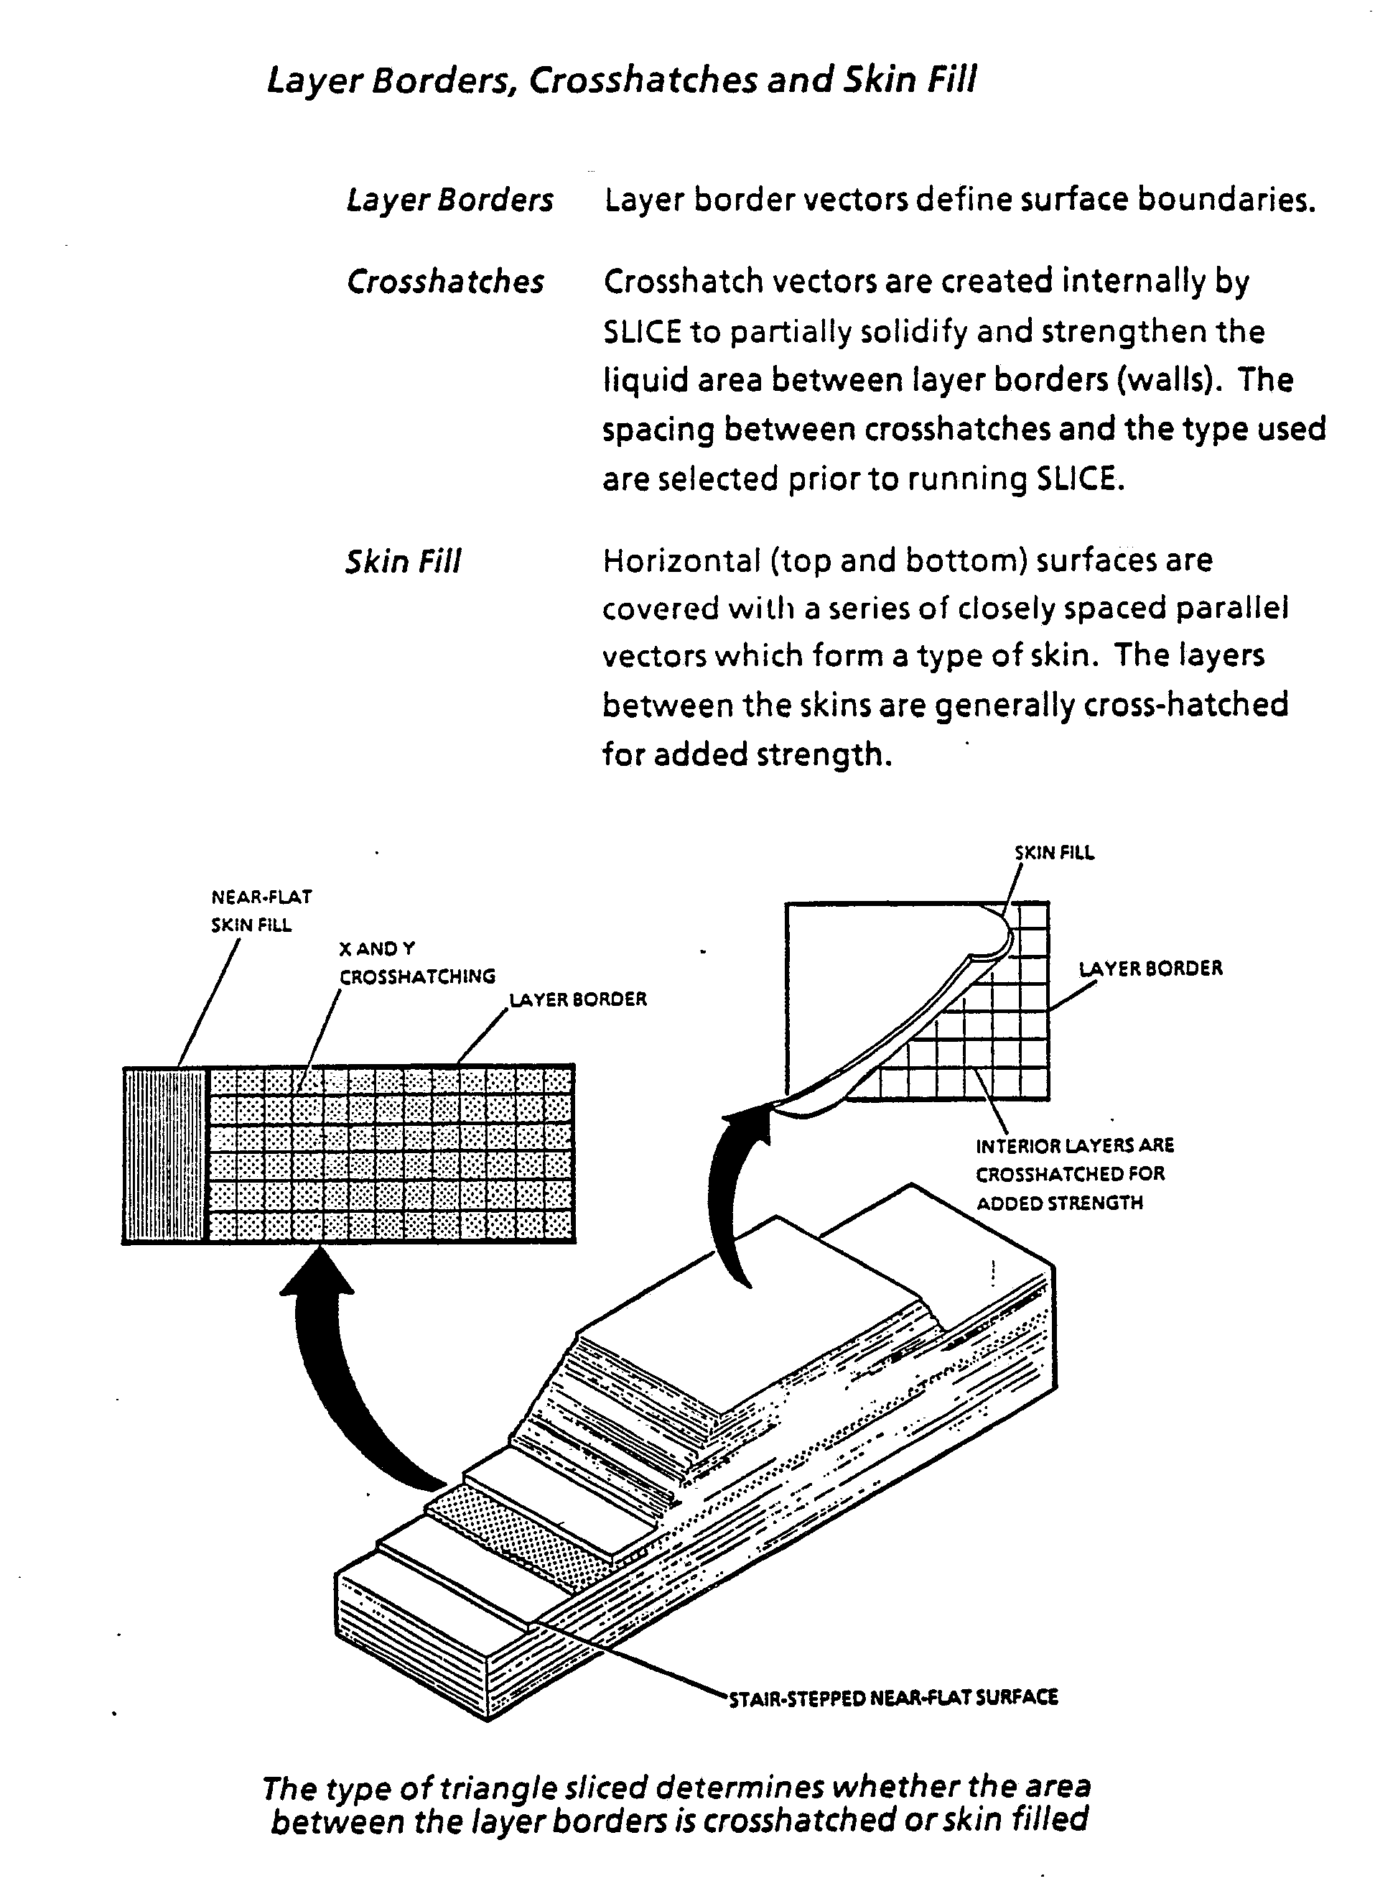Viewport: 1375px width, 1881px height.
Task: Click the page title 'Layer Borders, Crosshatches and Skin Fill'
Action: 621,80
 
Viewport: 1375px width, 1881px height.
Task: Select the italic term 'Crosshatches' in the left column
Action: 445,282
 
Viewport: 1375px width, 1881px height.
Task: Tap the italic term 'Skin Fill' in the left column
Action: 403,561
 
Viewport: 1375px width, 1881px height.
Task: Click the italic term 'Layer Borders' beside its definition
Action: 449,200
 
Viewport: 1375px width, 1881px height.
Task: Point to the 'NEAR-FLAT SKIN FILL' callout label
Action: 261,911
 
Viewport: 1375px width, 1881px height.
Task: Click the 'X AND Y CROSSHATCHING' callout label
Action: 416,963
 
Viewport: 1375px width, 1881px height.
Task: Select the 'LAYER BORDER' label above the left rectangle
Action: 577,999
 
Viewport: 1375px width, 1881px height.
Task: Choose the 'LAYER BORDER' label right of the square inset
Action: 1150,969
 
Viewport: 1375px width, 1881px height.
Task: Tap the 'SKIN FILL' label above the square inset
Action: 1054,853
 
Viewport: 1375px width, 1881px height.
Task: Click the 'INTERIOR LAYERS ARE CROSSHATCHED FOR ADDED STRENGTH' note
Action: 1073,1174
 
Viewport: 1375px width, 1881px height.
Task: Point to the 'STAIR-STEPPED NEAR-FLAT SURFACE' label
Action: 893,1697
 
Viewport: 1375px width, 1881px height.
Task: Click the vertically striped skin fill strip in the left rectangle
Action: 164,1155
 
